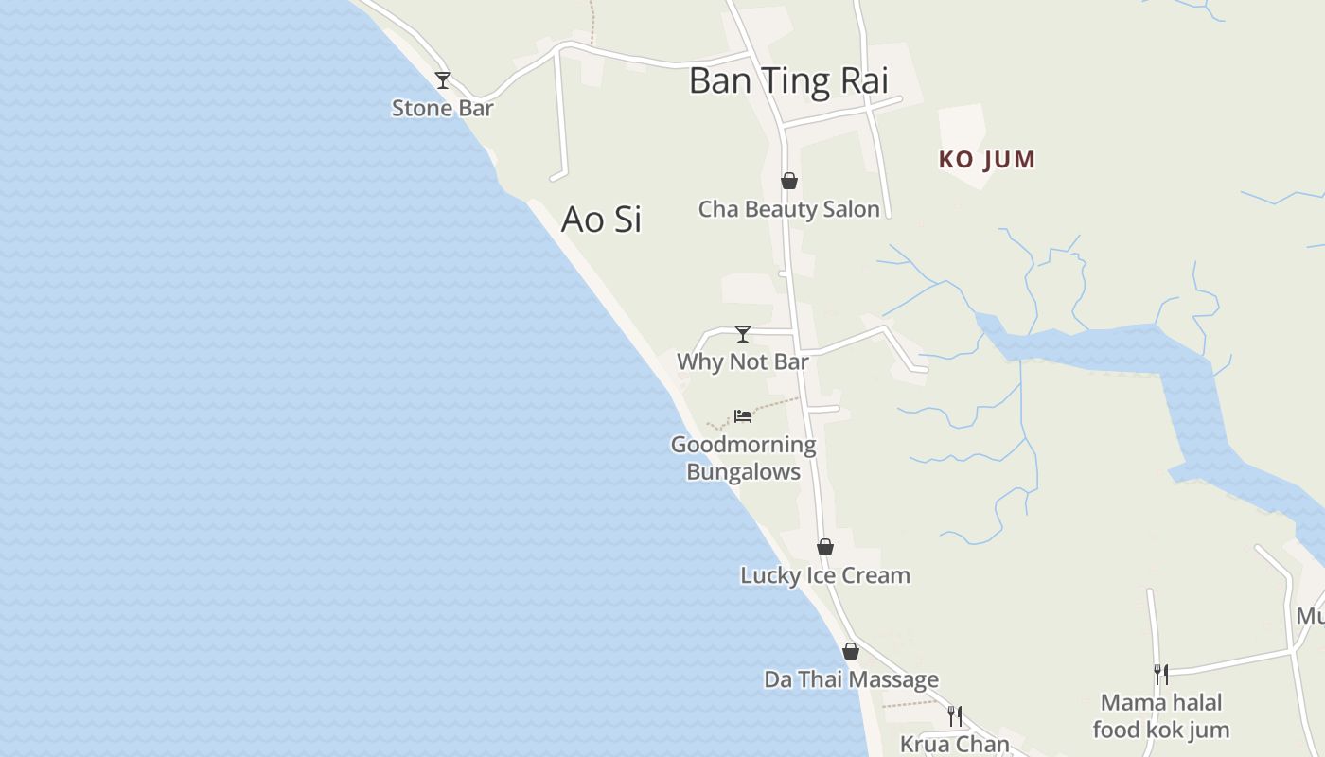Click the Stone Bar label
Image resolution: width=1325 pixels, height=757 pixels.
(x=442, y=108)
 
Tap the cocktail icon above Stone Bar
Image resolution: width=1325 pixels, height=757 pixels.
(x=442, y=80)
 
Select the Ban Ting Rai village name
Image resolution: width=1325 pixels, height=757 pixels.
(x=788, y=80)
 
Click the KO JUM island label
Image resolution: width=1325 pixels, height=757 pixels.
(x=986, y=159)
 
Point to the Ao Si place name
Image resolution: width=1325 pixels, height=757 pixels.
(x=601, y=219)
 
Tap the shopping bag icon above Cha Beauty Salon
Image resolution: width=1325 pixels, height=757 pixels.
(x=788, y=181)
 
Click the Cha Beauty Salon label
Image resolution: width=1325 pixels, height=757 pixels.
(x=788, y=209)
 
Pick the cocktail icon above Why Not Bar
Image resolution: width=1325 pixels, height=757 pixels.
(x=743, y=333)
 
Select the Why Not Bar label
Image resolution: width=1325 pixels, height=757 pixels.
(x=743, y=361)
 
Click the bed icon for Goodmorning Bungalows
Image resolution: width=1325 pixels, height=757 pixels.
(x=743, y=415)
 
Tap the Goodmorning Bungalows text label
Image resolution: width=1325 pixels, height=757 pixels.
(x=743, y=458)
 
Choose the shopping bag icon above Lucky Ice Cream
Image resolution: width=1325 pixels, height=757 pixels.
(x=825, y=547)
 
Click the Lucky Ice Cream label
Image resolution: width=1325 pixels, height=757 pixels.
(x=825, y=575)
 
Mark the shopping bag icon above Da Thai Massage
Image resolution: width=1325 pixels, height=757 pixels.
(x=851, y=651)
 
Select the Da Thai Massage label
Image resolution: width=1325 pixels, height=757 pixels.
(x=851, y=679)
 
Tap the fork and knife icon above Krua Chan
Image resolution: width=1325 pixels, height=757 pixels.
(x=955, y=715)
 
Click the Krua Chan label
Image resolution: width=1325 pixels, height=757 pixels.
(x=955, y=744)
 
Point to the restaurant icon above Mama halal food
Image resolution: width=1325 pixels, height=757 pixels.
(x=1160, y=674)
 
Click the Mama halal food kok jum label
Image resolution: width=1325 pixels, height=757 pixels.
(x=1160, y=716)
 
